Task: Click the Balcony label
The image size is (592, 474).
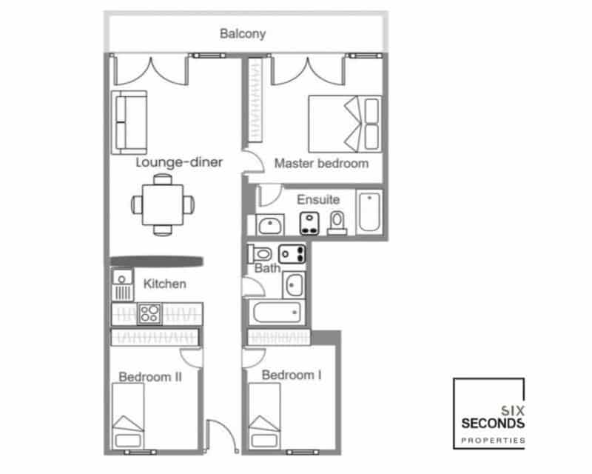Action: click(x=243, y=34)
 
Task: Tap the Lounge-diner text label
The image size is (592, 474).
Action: click(x=179, y=162)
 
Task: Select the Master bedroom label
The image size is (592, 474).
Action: click(x=321, y=164)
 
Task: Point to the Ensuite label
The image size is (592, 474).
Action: click(x=318, y=200)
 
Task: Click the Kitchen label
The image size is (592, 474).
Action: click(x=164, y=284)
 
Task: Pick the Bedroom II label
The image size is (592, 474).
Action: click(x=150, y=377)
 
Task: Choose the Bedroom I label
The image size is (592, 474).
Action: click(x=292, y=375)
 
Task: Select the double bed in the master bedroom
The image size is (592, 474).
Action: click(x=344, y=122)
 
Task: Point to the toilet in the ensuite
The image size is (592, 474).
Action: click(x=337, y=222)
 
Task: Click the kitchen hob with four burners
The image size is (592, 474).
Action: click(x=150, y=313)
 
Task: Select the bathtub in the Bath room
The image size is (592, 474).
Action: click(x=276, y=313)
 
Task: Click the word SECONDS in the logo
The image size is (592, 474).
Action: click(x=492, y=424)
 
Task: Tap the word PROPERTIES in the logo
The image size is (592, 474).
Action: click(x=492, y=440)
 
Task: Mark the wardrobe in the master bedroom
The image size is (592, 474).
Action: click(x=257, y=101)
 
